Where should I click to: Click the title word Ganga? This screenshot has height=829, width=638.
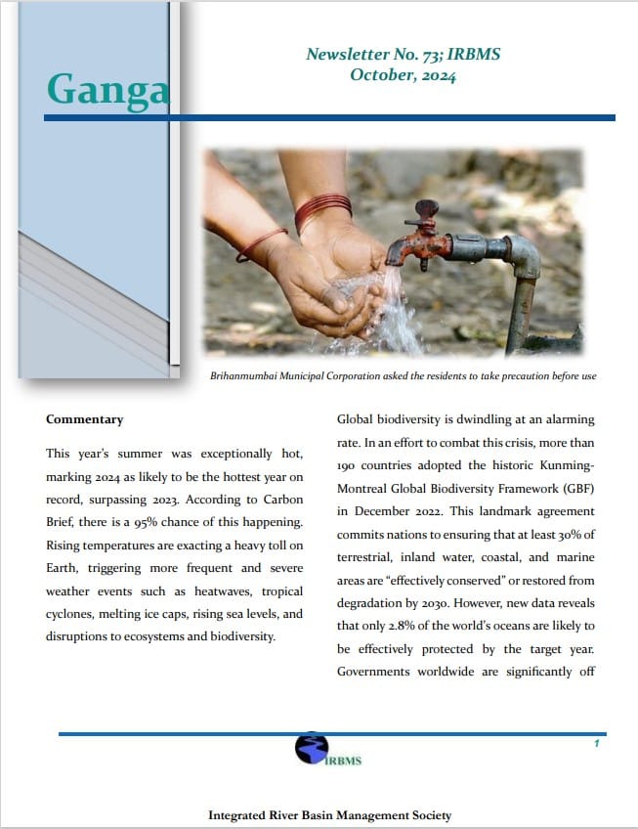coord(107,89)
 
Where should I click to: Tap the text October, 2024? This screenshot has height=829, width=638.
coord(403,76)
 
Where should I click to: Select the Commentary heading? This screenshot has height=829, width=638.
coord(84,419)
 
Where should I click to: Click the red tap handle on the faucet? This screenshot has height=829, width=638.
coord(426,209)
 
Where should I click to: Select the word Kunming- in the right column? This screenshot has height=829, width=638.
coord(560,464)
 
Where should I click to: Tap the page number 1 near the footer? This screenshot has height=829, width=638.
coord(596,744)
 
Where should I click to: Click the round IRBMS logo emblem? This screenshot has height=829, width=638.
coord(311,750)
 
